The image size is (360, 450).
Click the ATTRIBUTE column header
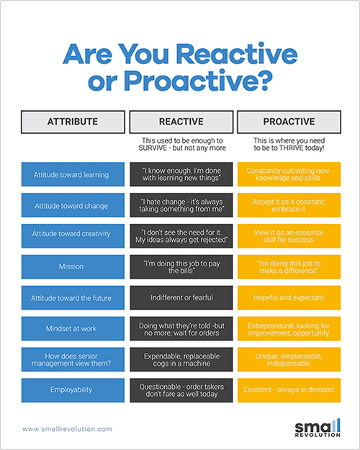tap(73, 122)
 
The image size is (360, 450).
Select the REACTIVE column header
tap(181, 122)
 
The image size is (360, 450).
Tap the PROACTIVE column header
tap(289, 122)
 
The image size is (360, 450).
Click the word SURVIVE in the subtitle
tap(153, 148)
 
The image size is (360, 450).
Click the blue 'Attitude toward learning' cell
tap(73, 174)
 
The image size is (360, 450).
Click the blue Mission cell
tap(73, 267)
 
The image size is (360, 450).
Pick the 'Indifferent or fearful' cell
tap(181, 297)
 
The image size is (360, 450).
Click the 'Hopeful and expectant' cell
tap(289, 297)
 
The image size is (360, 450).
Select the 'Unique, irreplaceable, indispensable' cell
tap(289, 359)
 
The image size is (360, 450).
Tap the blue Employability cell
tap(73, 390)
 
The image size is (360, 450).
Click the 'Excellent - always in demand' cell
tap(289, 390)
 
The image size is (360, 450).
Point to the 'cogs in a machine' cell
tap(181, 359)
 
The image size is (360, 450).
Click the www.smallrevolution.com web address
tap(67, 429)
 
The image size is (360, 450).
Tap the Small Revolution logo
tap(318, 428)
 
